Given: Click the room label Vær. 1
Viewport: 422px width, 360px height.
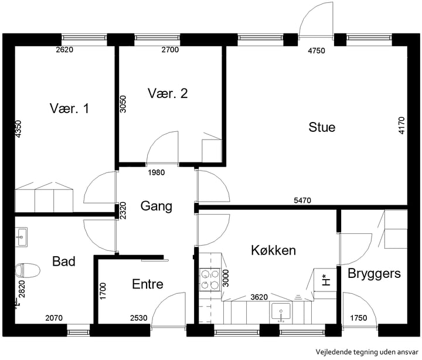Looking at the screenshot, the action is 69,108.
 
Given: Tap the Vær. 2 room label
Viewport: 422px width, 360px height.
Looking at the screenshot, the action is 168,93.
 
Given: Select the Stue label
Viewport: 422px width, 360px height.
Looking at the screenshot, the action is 322,127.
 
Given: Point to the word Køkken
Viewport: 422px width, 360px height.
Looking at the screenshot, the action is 274,250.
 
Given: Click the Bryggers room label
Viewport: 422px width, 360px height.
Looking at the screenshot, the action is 374,274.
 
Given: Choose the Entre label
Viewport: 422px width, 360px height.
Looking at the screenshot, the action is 148,284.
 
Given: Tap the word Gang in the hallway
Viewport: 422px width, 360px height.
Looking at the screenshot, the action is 156,206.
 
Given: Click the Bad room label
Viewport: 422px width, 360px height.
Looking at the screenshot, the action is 64,261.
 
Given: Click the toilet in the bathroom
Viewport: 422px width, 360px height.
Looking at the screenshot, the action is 28,270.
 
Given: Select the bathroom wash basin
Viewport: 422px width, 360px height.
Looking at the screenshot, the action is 21,237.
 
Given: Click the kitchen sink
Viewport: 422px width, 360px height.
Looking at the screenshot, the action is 281,313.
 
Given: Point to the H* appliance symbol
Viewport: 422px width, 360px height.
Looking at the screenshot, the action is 326,280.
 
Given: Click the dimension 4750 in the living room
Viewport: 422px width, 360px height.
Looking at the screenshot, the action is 316,50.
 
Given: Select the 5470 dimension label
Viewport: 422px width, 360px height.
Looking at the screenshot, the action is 303,201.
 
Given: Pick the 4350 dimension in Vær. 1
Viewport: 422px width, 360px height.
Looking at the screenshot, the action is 18,129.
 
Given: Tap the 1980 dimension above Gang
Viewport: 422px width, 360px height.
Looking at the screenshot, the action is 156,172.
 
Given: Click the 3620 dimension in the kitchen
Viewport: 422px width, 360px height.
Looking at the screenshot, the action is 259,297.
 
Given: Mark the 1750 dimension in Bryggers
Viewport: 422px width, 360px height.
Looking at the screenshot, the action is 359,318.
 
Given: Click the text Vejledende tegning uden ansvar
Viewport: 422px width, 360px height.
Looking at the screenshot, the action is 367,352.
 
